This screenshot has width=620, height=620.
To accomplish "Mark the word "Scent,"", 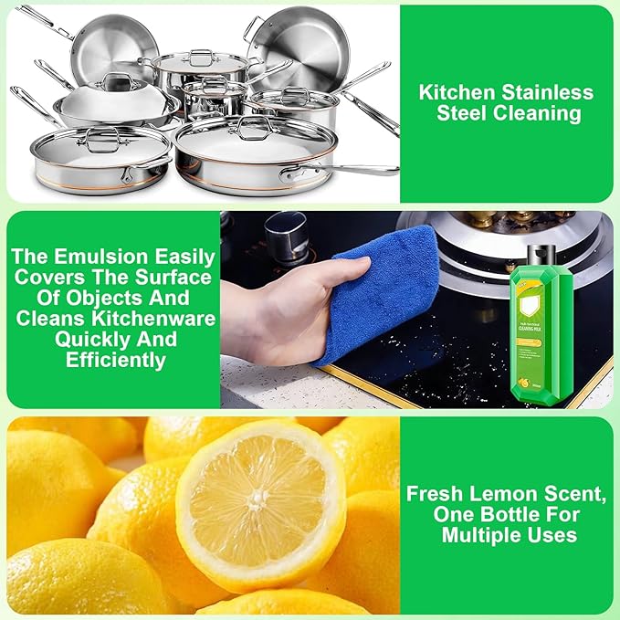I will tap(571, 494).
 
